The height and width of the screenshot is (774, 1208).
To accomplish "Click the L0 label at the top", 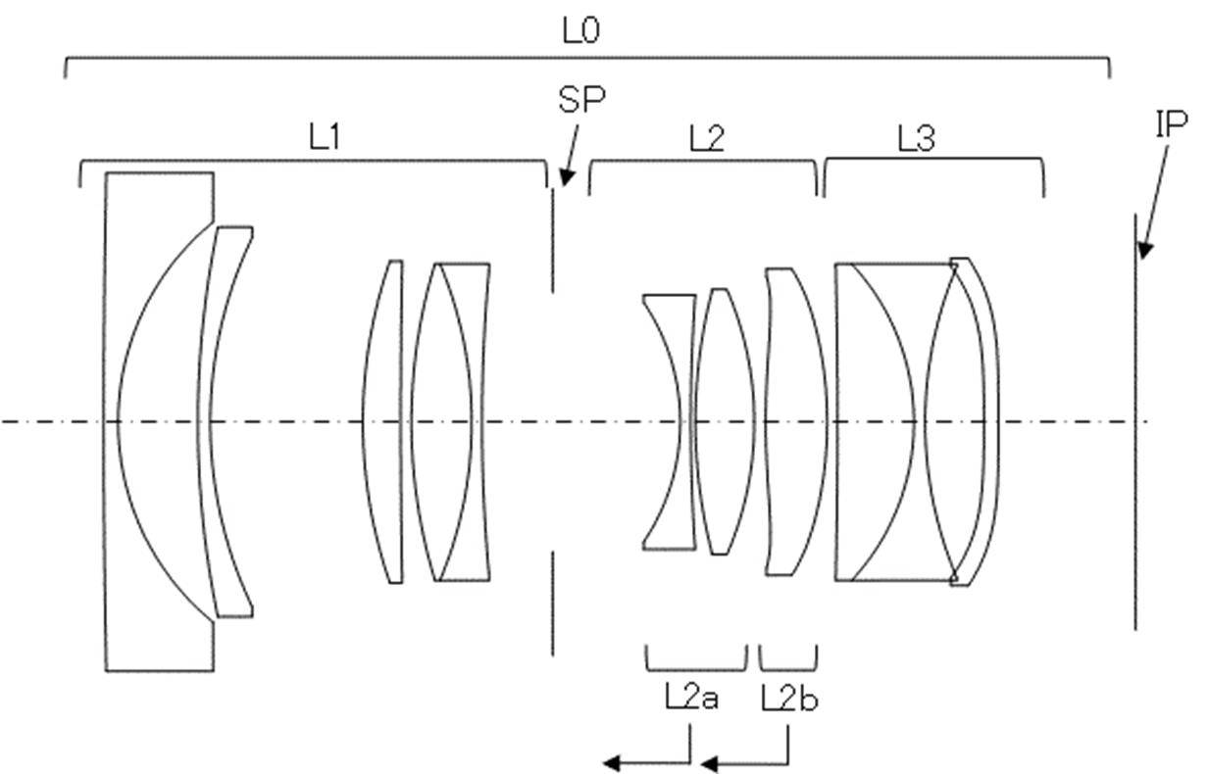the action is pyautogui.click(x=580, y=30).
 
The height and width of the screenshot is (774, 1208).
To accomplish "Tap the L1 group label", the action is pyautogui.click(x=325, y=137).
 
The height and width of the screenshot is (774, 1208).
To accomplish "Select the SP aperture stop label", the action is pyautogui.click(x=581, y=99).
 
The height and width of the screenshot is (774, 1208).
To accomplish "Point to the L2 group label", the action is pyautogui.click(x=707, y=138).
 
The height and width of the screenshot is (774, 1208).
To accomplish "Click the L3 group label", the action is pyautogui.click(x=916, y=138).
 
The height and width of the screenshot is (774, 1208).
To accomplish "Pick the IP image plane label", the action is pyautogui.click(x=1172, y=124).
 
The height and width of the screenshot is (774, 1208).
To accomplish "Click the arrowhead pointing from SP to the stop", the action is pyautogui.click(x=566, y=178).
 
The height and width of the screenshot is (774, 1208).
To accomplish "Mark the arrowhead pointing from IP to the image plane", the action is pyautogui.click(x=1144, y=251).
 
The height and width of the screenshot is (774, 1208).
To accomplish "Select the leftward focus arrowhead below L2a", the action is pyautogui.click(x=611, y=762).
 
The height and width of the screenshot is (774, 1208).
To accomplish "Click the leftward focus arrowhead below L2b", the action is pyautogui.click(x=709, y=764).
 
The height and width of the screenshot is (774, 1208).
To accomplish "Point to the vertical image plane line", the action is pyautogui.click(x=1135, y=421).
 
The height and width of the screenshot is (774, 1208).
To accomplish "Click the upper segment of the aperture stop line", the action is pyautogui.click(x=552, y=240).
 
